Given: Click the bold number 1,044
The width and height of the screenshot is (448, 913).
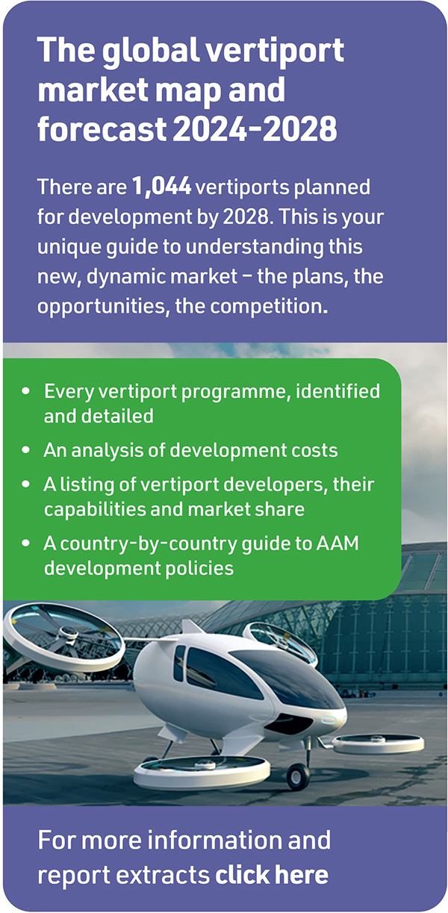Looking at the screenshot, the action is pos(161,187).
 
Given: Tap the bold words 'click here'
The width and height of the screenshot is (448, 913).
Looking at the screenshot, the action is pos(272,874).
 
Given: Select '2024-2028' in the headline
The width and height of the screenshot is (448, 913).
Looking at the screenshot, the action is pos(255,128).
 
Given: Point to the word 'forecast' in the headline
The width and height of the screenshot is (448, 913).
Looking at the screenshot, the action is pos(102,128).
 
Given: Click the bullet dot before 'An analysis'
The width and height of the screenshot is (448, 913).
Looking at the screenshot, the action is pos(26,450).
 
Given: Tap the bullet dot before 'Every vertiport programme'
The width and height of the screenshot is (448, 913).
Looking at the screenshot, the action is pos(26,391).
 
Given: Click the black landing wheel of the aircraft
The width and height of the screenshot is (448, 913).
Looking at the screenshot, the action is pos(298,776).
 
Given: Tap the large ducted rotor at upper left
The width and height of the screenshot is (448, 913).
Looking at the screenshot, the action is pos(63,637).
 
